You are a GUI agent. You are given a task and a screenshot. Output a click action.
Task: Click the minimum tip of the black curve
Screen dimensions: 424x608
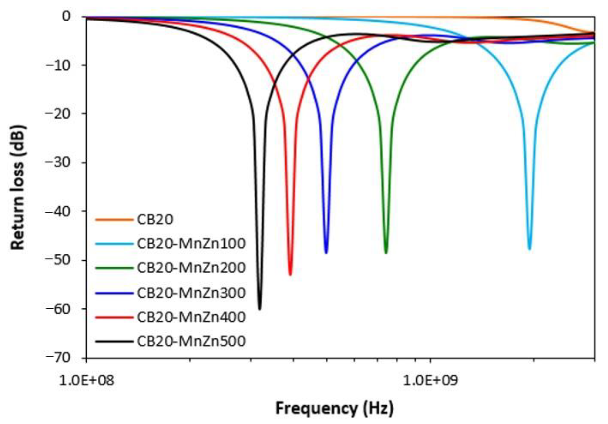click(260, 309)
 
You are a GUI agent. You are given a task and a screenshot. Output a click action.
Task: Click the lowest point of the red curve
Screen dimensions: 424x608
click(290, 274)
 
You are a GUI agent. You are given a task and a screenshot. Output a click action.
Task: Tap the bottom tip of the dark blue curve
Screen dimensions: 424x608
click(326, 253)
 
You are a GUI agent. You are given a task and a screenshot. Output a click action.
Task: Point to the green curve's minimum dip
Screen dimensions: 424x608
click(386, 253)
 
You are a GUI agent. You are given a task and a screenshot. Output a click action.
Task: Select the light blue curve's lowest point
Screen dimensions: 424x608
click(529, 248)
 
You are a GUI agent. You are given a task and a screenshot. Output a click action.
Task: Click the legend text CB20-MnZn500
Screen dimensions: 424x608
click(191, 341)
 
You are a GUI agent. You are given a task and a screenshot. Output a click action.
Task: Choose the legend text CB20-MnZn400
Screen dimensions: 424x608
click(191, 317)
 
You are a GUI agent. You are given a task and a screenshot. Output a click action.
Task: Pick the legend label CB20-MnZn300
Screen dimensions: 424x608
click(191, 292)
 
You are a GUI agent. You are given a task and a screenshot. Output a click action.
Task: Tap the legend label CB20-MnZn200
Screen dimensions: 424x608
click(191, 267)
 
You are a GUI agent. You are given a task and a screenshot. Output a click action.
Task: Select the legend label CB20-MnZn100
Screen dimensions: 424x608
click(191, 243)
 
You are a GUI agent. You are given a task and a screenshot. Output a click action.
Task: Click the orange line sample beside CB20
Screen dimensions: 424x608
click(114, 219)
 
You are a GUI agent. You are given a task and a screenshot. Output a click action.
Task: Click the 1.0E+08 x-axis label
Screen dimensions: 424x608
click(87, 381)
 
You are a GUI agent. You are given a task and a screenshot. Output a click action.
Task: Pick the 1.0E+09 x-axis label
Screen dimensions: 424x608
click(430, 381)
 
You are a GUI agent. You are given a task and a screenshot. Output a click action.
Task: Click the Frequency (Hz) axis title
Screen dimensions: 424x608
click(334, 408)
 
